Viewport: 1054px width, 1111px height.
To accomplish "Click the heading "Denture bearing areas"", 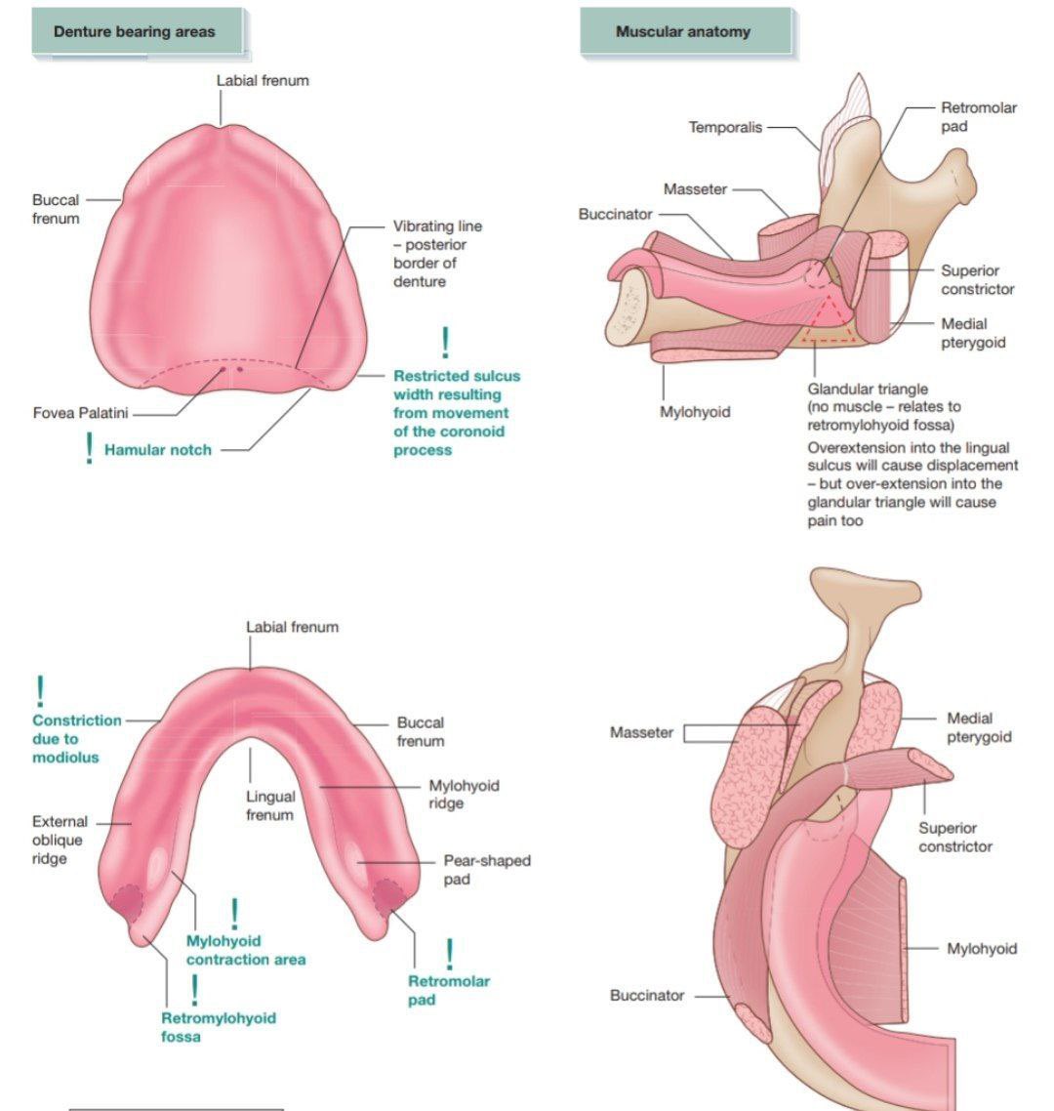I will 134,32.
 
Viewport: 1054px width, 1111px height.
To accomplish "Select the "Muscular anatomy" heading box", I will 682,32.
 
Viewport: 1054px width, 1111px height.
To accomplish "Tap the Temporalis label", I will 725,127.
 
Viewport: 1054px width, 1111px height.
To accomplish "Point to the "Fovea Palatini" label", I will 80,413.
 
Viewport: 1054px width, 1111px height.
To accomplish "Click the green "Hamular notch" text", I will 157,450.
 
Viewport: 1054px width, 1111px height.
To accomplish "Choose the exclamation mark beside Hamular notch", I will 90,447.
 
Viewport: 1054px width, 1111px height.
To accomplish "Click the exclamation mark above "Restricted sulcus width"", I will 446,343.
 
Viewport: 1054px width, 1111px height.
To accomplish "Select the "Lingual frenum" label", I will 269,805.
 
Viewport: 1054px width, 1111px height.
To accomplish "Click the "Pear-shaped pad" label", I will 487,870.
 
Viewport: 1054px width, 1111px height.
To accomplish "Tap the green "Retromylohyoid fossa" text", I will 218,1027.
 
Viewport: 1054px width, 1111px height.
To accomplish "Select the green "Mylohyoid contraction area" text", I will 245,950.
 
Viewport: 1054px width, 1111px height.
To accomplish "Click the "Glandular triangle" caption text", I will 867,389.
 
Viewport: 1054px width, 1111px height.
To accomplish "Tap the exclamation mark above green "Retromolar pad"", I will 449,954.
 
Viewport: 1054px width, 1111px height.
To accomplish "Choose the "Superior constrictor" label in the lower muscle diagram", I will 954,837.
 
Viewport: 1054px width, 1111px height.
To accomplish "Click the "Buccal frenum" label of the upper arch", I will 56,209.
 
